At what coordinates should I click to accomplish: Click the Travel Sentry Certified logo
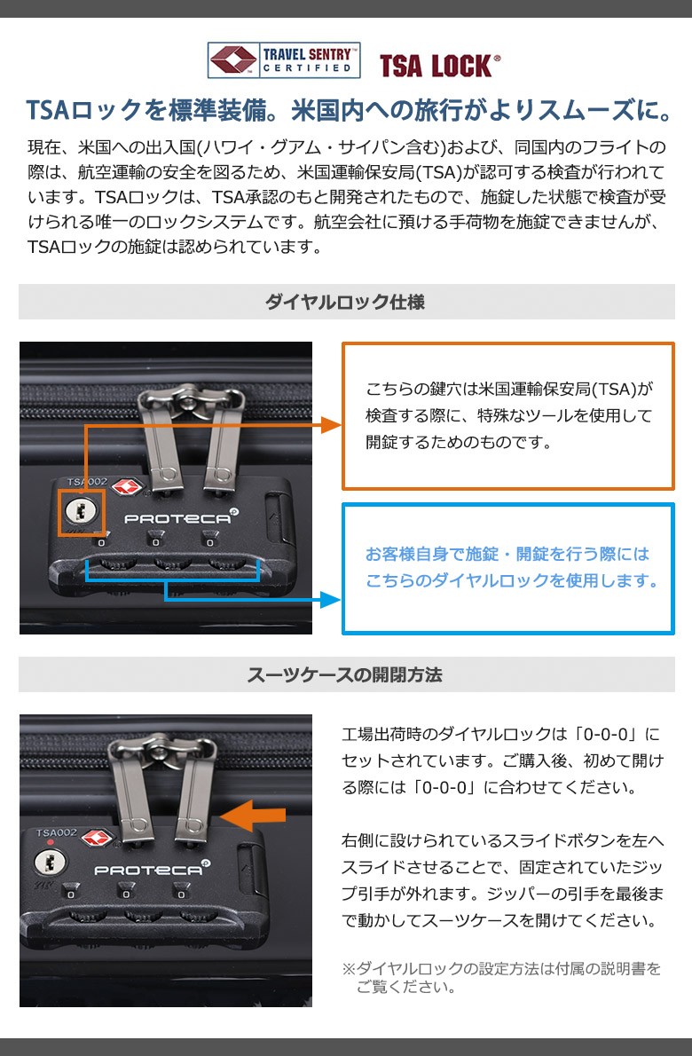[x=283, y=60]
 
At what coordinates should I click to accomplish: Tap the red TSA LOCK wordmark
[x=440, y=66]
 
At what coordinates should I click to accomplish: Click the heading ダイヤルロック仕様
[x=345, y=302]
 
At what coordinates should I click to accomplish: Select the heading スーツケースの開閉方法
[x=345, y=674]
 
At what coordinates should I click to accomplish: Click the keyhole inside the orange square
[x=82, y=513]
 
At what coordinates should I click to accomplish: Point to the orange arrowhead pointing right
[x=331, y=425]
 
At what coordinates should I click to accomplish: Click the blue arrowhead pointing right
[x=331, y=599]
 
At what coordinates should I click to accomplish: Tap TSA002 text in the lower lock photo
[x=57, y=833]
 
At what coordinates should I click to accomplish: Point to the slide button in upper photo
[x=275, y=517]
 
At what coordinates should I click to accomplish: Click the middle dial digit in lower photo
[x=125, y=894]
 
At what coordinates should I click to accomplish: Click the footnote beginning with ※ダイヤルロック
[x=502, y=978]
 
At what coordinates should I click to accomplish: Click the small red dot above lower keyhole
[x=51, y=842]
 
